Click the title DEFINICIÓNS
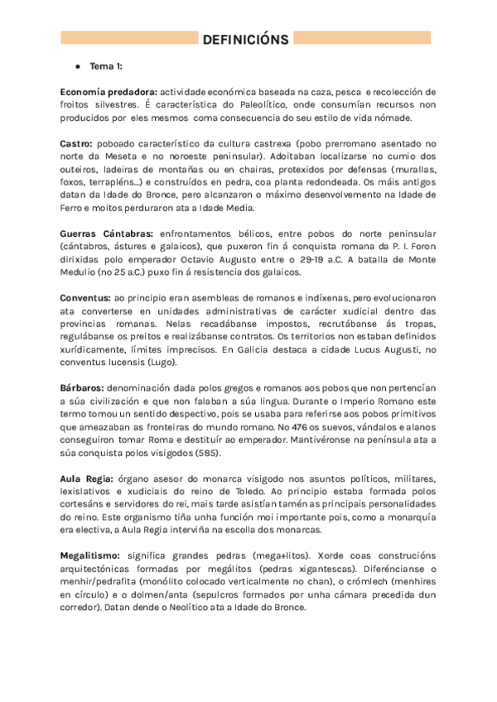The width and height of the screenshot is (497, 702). coord(245,39)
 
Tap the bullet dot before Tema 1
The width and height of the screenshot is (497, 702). coord(77,65)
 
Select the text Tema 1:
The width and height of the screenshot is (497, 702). coord(107,65)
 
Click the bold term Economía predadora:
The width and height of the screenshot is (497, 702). coord(109,91)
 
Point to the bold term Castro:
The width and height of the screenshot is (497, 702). coord(76,143)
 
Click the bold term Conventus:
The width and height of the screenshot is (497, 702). coord(86,297)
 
